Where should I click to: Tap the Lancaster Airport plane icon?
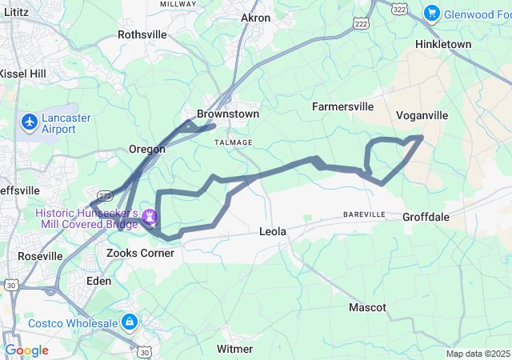point(30,122)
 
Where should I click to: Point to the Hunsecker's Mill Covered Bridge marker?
point(150,217)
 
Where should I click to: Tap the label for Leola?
point(273,231)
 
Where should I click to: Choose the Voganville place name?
point(422,115)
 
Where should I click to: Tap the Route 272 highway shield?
point(104,194)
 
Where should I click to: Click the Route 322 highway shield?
point(400,7)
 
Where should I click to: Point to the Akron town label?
point(256,18)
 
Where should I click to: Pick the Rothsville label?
point(142,34)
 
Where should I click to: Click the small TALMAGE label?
point(234,142)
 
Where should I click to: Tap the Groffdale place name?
point(426,217)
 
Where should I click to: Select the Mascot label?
point(367,307)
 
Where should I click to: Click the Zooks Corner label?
point(140,253)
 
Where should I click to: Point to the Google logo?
point(26,350)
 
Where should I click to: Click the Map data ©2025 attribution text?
point(477,354)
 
